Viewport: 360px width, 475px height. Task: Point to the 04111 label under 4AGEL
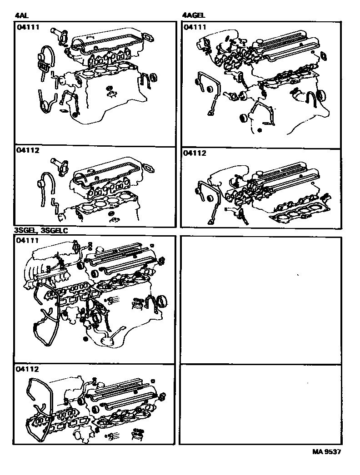pyautogui.click(x=195, y=27)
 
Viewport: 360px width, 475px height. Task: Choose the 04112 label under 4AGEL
pyautogui.click(x=195, y=153)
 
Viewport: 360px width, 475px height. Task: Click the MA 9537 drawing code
pyautogui.click(x=326, y=452)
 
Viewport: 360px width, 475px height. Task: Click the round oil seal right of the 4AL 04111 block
pyautogui.click(x=153, y=75)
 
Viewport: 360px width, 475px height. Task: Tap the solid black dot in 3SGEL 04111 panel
pyautogui.click(x=85, y=339)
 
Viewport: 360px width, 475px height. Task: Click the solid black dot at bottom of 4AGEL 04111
pyautogui.click(x=259, y=130)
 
